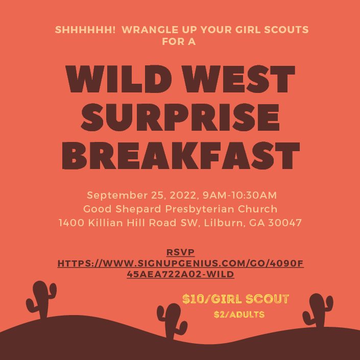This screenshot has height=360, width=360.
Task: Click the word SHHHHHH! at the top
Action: click(85, 30)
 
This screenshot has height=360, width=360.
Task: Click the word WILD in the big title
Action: click(118, 79)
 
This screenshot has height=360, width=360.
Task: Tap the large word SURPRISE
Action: click(180, 117)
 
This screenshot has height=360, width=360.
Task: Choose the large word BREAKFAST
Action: click(181, 156)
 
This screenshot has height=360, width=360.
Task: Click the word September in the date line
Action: click(117, 196)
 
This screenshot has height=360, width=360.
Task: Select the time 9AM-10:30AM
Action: click(240, 196)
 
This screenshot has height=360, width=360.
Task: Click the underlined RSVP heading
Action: click(180, 253)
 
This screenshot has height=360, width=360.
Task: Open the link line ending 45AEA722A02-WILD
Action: click(180, 274)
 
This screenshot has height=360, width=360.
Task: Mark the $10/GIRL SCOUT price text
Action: click(235, 299)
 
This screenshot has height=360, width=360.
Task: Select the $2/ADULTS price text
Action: click(239, 315)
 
